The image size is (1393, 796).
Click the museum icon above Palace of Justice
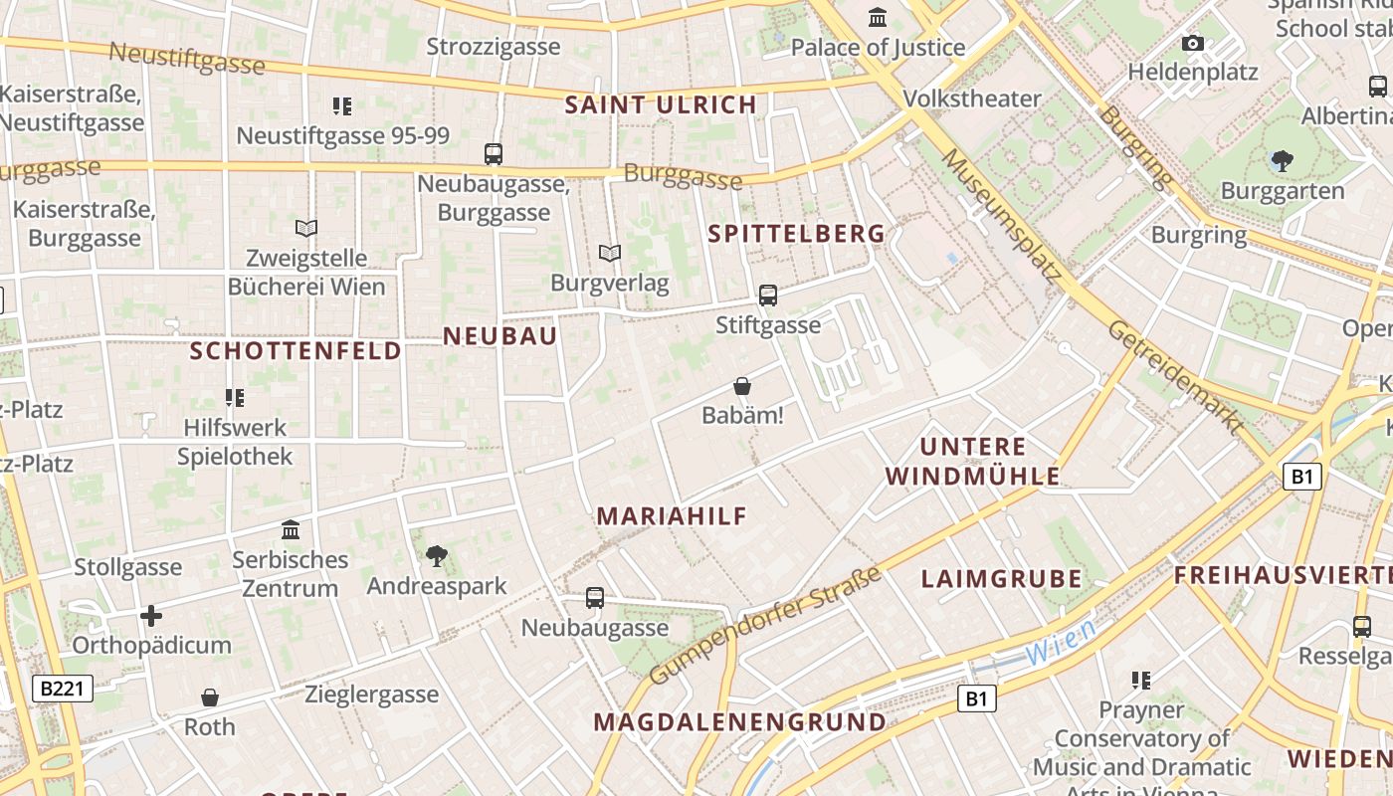pyautogui.click(x=878, y=17)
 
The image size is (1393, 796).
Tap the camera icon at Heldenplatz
pyautogui.click(x=1192, y=43)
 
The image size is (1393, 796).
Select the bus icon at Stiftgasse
pyautogui.click(x=767, y=296)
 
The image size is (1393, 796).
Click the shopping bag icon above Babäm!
pyautogui.click(x=742, y=386)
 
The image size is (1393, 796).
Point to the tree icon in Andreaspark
pyautogui.click(x=436, y=556)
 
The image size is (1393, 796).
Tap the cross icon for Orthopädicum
pyautogui.click(x=151, y=616)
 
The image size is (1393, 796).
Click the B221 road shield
pyautogui.click(x=63, y=689)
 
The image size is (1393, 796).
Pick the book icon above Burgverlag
pyautogui.click(x=610, y=254)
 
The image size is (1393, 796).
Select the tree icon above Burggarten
pyautogui.click(x=1283, y=160)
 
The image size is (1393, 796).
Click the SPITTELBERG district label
pyautogui.click(x=796, y=234)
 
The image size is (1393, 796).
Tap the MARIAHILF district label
pyautogui.click(x=672, y=516)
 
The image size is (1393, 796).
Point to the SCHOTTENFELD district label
pyautogui.click(x=296, y=350)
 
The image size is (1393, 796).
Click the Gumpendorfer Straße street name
pyautogui.click(x=765, y=625)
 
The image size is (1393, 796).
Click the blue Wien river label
pyautogui.click(x=1061, y=642)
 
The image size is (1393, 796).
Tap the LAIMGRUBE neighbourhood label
pyautogui.click(x=1001, y=579)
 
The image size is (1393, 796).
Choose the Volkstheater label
pyautogui.click(x=971, y=99)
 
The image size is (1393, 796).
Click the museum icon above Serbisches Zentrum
pyautogui.click(x=291, y=528)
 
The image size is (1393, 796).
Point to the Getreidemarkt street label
pyautogui.click(x=1176, y=377)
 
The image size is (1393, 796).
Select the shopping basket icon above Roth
pyautogui.click(x=210, y=697)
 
